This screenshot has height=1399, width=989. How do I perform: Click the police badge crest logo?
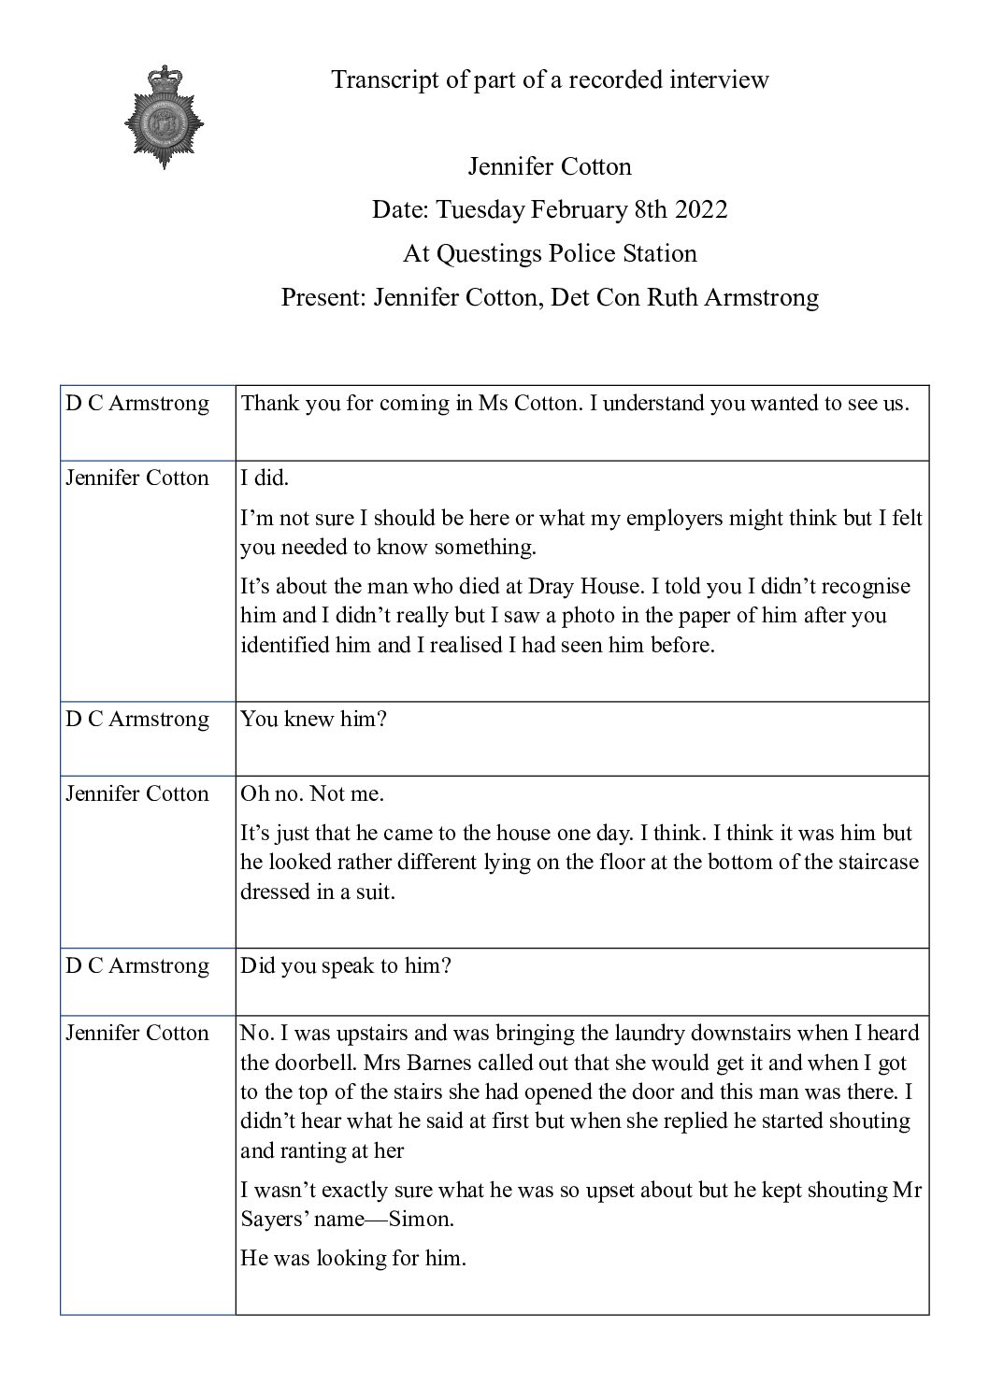(165, 117)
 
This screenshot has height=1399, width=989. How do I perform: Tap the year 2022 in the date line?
(701, 209)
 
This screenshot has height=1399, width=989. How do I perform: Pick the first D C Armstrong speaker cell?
(137, 404)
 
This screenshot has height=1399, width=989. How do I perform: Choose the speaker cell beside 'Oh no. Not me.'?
(137, 793)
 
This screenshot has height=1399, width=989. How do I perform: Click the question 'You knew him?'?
(313, 719)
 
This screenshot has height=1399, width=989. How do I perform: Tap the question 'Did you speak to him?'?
(346, 965)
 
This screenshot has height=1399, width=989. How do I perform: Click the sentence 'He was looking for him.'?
(352, 1258)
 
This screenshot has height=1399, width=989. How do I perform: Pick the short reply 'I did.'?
(265, 478)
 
